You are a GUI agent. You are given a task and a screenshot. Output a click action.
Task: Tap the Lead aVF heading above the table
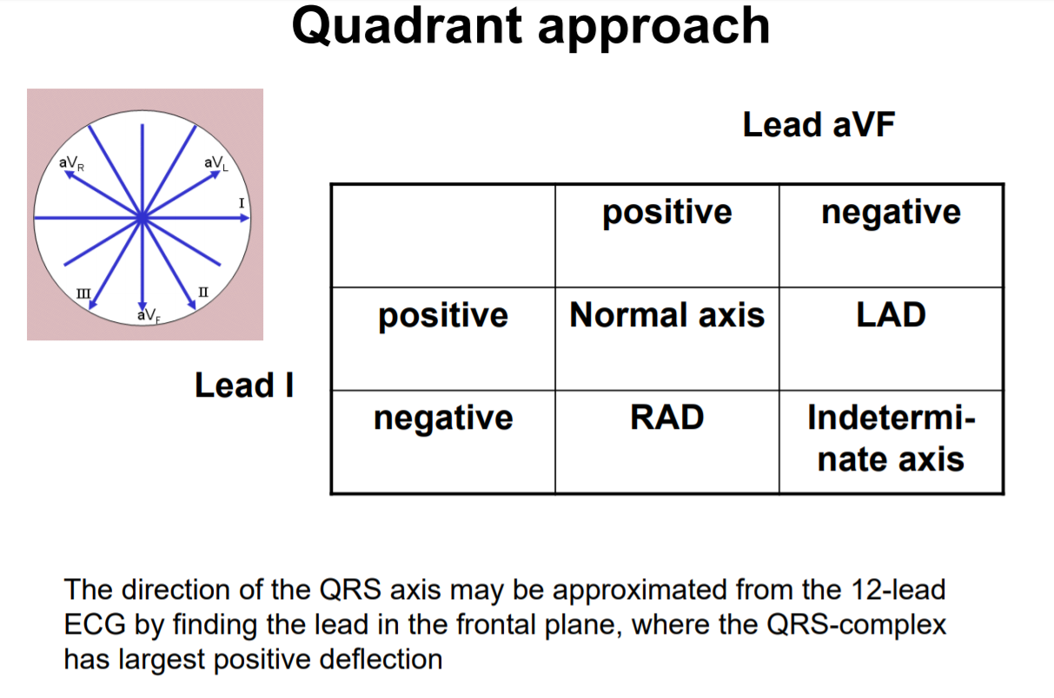[818, 125]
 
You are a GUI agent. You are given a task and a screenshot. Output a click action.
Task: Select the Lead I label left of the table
[244, 385]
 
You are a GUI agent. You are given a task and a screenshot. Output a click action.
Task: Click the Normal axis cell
[666, 315]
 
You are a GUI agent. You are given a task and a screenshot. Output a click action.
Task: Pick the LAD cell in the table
[891, 315]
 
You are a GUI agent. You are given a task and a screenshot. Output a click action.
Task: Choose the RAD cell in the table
[666, 418]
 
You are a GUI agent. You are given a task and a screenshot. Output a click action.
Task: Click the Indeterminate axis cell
[891, 438]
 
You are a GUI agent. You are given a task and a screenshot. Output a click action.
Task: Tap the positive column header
[666, 213]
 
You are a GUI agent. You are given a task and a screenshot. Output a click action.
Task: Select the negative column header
[891, 213]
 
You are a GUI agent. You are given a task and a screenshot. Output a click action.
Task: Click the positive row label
[442, 315]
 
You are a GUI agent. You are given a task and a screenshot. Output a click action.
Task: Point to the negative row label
[442, 418]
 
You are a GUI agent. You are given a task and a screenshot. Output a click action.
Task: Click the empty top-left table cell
[442, 235]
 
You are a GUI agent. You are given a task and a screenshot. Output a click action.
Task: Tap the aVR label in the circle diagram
[70, 162]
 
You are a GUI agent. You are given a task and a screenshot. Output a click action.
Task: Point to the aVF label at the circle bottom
[148, 315]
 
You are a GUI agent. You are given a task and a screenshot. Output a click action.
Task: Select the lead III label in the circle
[83, 292]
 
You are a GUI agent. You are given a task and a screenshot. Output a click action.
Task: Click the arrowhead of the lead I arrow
[245, 218]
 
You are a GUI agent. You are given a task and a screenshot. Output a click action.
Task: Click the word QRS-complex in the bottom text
[873, 625]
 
